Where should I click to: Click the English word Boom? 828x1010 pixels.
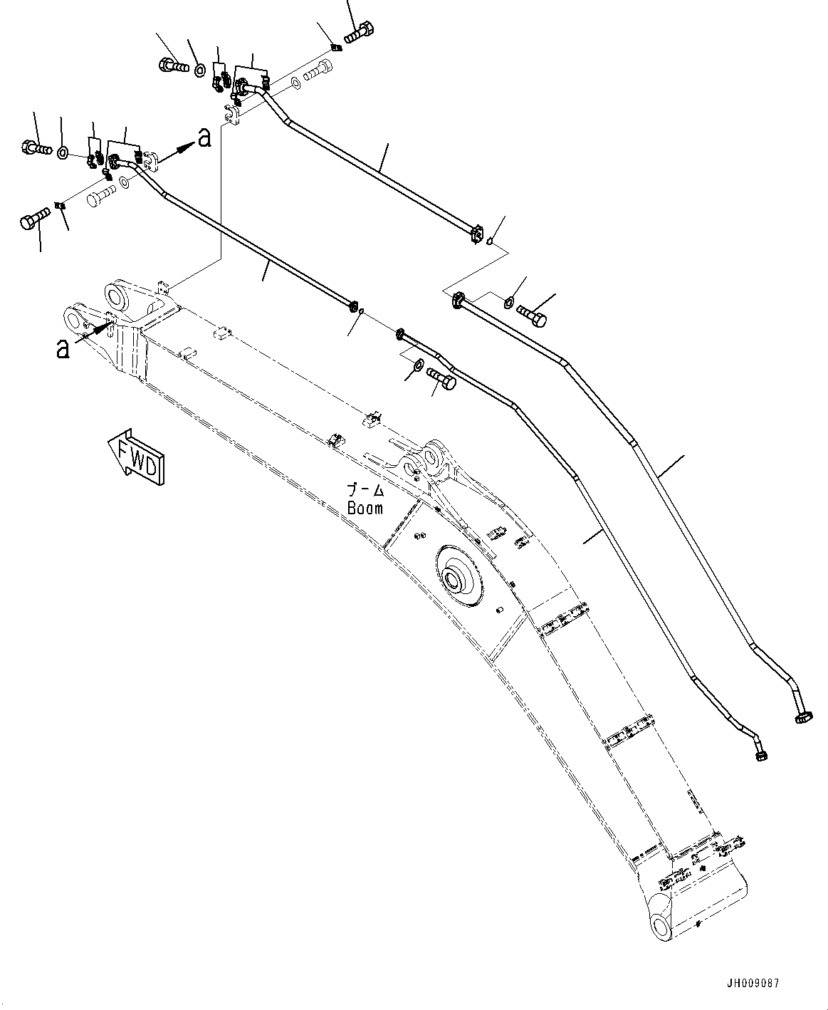[x=365, y=508]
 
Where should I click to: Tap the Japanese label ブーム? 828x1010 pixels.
[x=365, y=491]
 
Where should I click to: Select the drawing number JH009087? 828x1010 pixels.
[x=754, y=984]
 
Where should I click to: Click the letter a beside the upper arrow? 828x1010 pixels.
[x=205, y=137]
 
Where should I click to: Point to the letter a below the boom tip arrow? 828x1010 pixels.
[x=63, y=348]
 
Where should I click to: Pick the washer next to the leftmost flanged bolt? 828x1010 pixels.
[x=63, y=151]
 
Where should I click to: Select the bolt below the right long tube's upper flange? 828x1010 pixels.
[x=532, y=314]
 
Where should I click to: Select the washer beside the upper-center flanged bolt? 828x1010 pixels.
[x=199, y=69]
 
